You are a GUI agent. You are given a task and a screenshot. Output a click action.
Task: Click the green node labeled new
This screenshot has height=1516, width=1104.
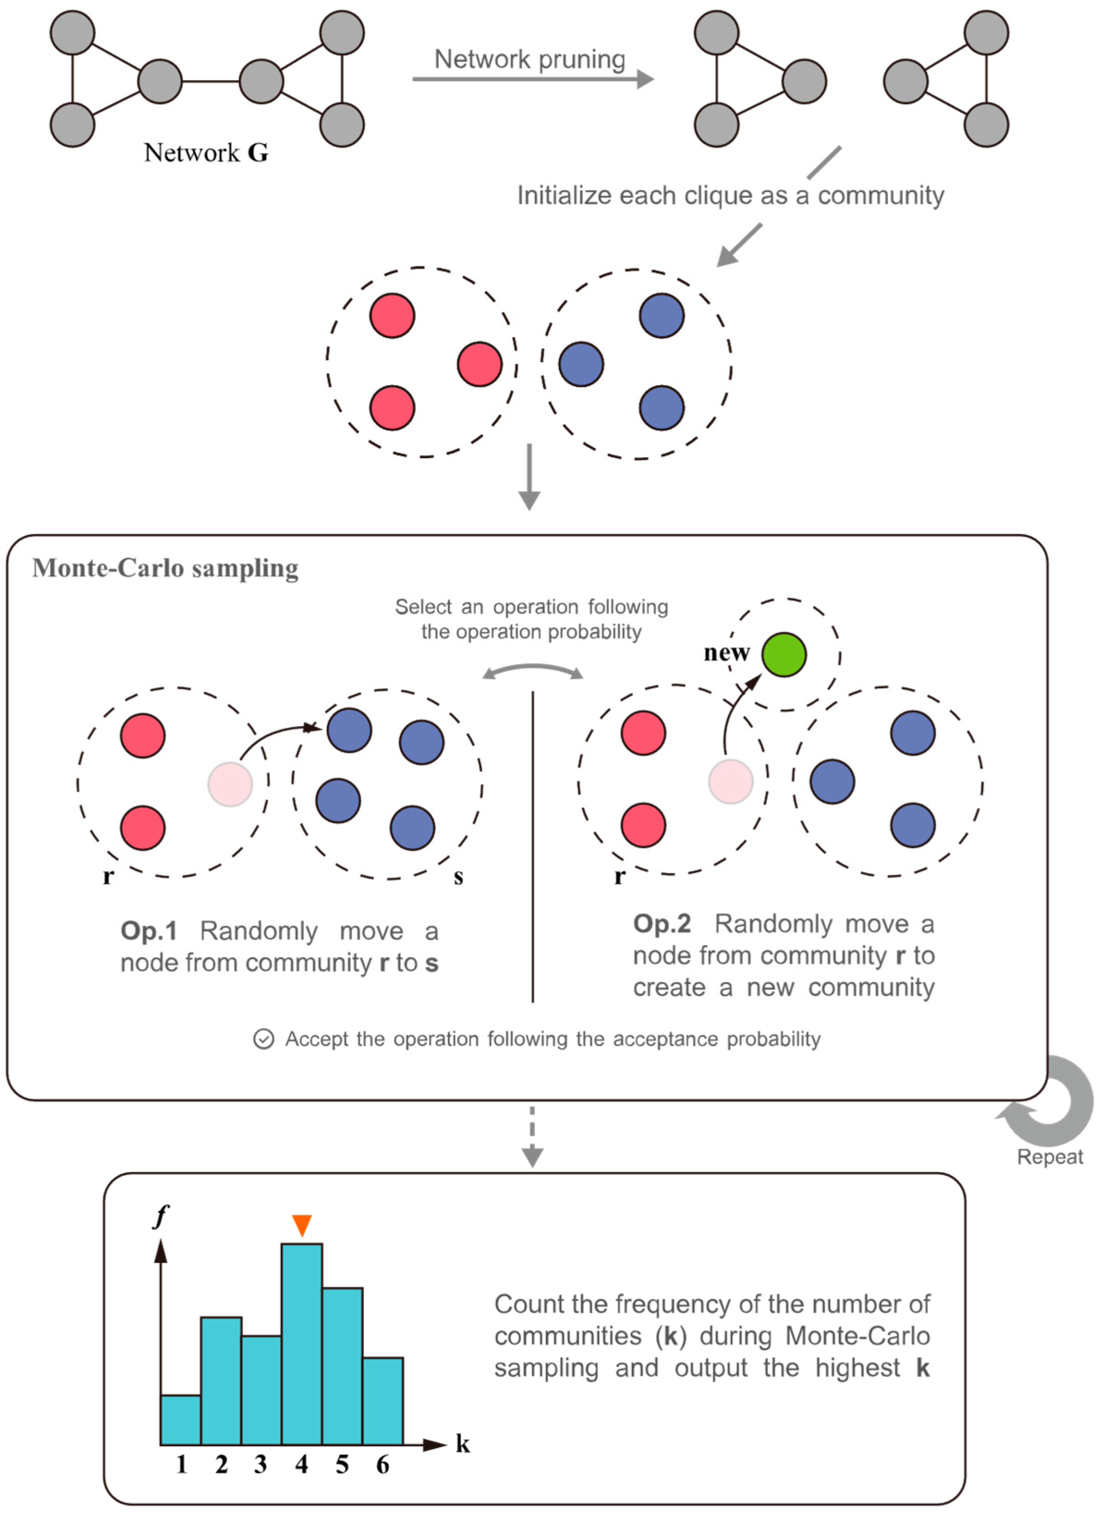(x=784, y=655)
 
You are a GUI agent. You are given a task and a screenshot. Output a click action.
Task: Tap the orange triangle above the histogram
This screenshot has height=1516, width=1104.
(x=302, y=1225)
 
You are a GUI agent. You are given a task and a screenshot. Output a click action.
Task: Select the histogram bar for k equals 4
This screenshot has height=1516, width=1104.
(x=302, y=1344)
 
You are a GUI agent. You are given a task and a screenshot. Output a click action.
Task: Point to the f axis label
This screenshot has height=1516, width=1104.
(x=161, y=1216)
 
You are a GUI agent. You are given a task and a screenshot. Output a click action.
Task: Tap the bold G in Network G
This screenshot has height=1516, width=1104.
(x=258, y=153)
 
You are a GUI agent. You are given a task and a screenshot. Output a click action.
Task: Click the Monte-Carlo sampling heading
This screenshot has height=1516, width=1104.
(x=166, y=568)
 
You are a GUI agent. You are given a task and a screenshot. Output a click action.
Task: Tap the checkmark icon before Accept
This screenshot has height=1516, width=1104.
(x=263, y=1039)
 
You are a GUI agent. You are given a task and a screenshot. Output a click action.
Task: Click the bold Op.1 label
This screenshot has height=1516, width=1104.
(x=148, y=931)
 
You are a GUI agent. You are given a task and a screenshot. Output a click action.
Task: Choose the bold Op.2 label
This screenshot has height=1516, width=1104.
(x=661, y=923)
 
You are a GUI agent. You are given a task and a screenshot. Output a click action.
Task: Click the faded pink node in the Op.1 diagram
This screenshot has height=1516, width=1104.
(x=230, y=784)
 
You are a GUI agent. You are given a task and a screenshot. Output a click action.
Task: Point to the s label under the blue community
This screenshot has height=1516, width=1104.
(x=458, y=877)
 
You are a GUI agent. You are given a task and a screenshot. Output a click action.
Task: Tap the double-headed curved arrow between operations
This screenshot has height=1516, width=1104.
(x=533, y=671)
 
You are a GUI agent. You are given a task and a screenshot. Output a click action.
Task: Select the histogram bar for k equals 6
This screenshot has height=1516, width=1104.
(x=383, y=1401)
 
